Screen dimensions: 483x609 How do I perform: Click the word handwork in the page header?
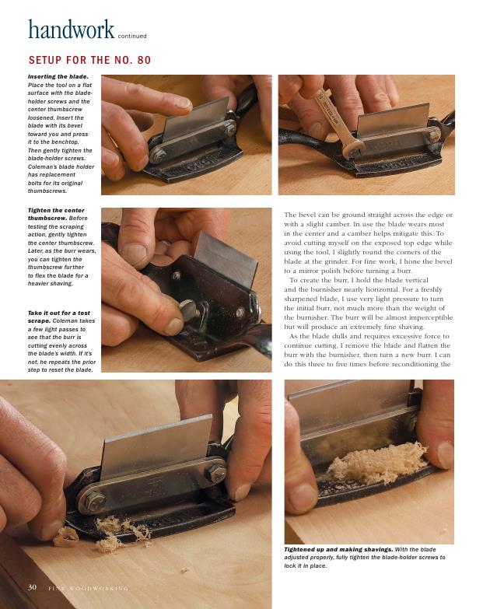pyautogui.click(x=72, y=29)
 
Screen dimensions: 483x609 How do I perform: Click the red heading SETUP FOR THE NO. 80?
pyautogui.click(x=89, y=60)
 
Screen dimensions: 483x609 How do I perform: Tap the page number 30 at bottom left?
pyautogui.click(x=32, y=587)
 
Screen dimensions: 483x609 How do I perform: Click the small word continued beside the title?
pyautogui.click(x=132, y=36)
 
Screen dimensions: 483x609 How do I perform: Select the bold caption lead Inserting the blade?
pyautogui.click(x=58, y=76)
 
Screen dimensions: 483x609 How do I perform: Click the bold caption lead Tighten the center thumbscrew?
pyautogui.click(x=56, y=214)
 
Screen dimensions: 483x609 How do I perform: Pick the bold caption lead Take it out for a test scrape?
pyautogui.click(x=58, y=317)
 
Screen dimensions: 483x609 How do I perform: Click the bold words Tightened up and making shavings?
pyautogui.click(x=338, y=549)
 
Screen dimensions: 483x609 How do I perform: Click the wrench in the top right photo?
pyautogui.click(x=336, y=121)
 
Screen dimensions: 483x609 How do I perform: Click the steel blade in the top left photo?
pyautogui.click(x=196, y=118)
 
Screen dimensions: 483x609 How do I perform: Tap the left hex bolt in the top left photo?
pyautogui.click(x=157, y=156)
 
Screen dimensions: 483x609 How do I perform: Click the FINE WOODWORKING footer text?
pyautogui.click(x=88, y=589)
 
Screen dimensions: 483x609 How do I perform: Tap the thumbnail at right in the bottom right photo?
pyautogui.click(x=444, y=455)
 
